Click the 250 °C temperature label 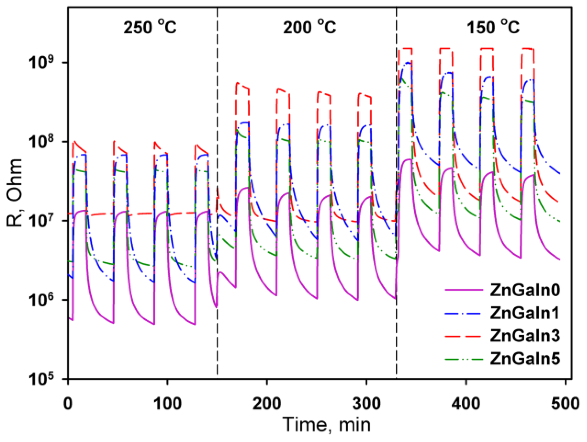(150, 27)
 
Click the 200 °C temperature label (309, 27)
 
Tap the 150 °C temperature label (493, 27)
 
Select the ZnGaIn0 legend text (525, 290)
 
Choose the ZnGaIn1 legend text (525, 313)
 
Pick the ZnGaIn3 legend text (525, 335)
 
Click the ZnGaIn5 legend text (525, 358)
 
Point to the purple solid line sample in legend (463, 290)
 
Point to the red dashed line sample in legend (463, 336)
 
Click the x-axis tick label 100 (167, 403)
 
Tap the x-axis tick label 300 (366, 403)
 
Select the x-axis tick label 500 (565, 403)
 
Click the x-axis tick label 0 (68, 403)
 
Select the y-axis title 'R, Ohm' (14, 193)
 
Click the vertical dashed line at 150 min (217, 337)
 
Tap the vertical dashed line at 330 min (396, 337)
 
